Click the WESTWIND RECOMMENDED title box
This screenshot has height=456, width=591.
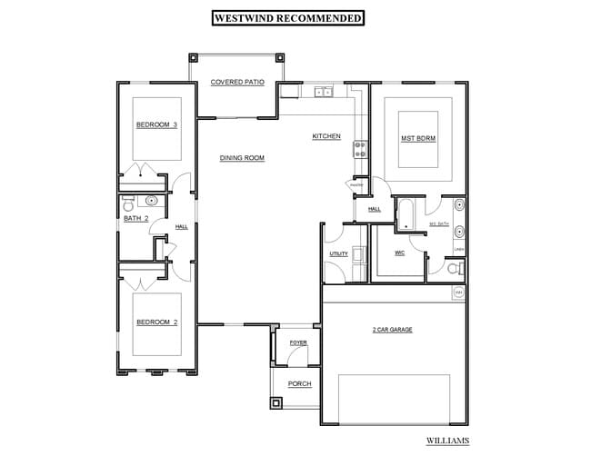[x=287, y=17]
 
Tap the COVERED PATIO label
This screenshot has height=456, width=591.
[x=237, y=82]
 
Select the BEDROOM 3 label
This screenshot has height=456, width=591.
[x=155, y=124]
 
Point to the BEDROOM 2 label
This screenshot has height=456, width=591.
[x=155, y=322]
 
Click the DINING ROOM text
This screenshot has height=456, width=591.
[x=242, y=158]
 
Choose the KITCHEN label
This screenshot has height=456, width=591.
[x=326, y=136]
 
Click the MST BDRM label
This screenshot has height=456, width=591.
[x=418, y=139]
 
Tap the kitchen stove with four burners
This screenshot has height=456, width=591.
[x=360, y=148]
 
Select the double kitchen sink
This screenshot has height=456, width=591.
[x=324, y=91]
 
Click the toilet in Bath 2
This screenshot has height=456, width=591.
[x=129, y=201]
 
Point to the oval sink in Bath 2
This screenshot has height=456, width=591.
[x=153, y=202]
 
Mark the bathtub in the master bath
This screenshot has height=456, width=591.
[x=405, y=214]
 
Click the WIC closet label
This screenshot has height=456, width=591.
[x=399, y=253]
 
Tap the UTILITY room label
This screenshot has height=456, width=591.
[x=338, y=253]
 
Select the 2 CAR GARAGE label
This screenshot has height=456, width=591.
[x=393, y=330]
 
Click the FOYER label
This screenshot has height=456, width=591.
[x=298, y=342]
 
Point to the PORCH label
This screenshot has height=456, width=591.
[x=299, y=384]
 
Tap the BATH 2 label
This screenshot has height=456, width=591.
[x=136, y=218]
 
